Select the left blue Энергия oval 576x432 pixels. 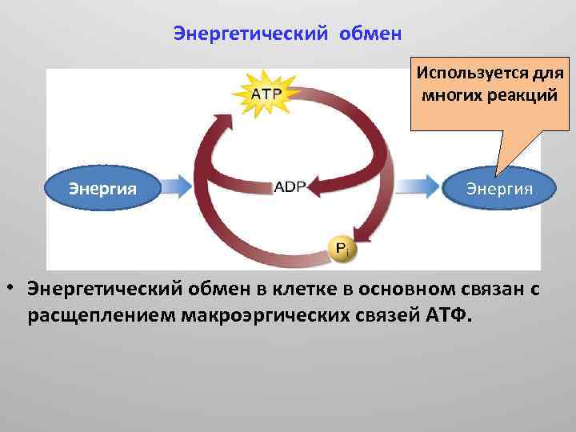coord(102,189)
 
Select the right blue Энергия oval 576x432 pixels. coord(500,189)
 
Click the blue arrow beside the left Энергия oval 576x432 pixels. coord(178,187)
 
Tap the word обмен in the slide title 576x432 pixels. coord(370,34)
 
